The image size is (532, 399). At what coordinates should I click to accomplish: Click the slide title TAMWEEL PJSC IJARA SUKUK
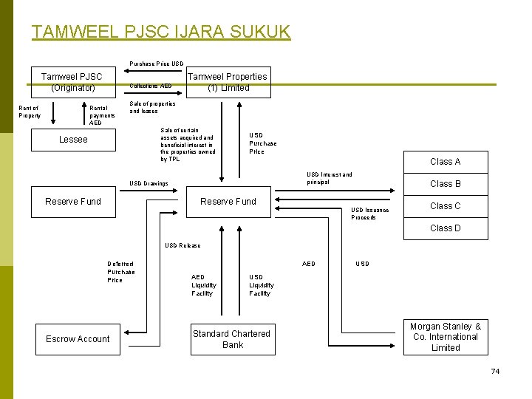point(161,33)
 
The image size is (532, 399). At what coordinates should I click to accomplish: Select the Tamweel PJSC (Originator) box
point(72,82)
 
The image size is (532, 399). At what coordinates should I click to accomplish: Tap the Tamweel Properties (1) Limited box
point(228,82)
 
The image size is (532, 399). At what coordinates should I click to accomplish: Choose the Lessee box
point(73,140)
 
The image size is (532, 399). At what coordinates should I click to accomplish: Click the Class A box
point(445,162)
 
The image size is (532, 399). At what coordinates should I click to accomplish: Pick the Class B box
point(445,184)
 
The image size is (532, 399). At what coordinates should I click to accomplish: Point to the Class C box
point(445,206)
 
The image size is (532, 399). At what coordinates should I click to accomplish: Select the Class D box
point(445,228)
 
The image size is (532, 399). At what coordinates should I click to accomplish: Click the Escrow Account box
point(78,339)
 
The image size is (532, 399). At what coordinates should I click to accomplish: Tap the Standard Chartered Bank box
point(231,339)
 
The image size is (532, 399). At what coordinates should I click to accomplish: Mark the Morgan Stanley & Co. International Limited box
point(446,337)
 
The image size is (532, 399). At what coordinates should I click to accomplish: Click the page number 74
point(495,371)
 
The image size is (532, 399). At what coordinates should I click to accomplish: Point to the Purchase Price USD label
point(157,64)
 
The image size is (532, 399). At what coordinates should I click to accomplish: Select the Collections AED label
point(150,86)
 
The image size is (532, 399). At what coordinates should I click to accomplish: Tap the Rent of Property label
point(30,112)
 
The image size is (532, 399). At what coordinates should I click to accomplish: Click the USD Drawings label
point(149,184)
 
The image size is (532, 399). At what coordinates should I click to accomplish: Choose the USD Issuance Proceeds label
point(369,214)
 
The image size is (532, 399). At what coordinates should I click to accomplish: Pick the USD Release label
point(183,245)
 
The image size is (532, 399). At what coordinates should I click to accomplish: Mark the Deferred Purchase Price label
point(121,272)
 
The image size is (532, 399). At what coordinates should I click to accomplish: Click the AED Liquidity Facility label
point(204,285)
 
